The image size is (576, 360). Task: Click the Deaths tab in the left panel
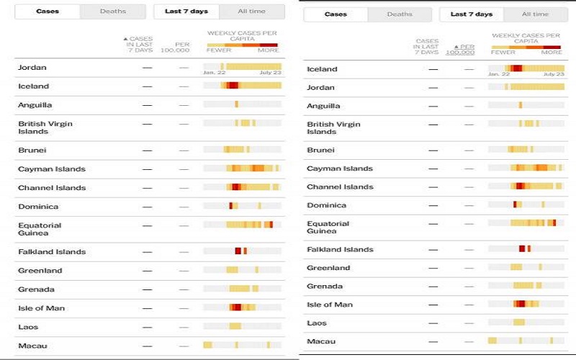coord(113,12)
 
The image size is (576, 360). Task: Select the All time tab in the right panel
coord(535,14)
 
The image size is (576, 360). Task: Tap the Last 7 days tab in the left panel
coord(186,12)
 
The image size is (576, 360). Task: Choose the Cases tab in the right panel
coord(336,14)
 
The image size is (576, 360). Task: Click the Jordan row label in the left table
coord(32,68)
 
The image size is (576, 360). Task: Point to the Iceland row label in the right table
coord(322,69)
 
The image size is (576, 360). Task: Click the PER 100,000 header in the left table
coord(175,47)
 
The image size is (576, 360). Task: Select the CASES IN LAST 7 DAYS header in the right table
coord(426,47)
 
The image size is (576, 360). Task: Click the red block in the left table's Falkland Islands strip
coord(238,251)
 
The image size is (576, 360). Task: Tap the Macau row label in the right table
coord(321,341)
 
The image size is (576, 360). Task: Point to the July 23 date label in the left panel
coord(271,73)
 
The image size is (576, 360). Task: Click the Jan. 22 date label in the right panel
coord(499,74)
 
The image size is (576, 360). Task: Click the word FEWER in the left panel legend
coord(219,50)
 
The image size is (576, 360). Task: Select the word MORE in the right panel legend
coord(552,52)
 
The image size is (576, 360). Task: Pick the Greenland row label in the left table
coord(40,271)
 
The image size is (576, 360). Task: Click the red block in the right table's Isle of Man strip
coord(520,304)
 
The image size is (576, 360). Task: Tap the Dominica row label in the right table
coord(327,205)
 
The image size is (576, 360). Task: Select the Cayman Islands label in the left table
coord(52,169)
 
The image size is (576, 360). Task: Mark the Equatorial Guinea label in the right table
coord(328,228)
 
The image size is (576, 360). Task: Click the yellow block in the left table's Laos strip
coord(235,326)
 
